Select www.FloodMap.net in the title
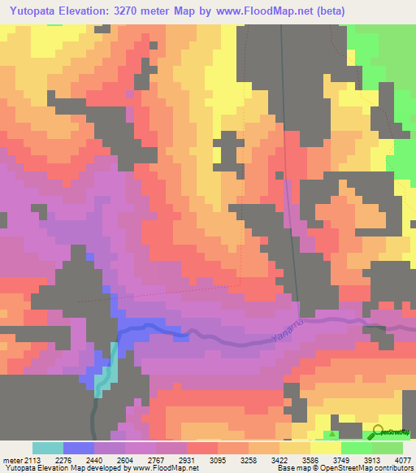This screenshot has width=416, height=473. (272, 11)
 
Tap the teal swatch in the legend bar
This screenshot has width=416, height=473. (47, 448)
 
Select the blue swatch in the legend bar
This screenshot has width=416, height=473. (78, 448)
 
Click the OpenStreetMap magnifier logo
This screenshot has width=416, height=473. (379, 432)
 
